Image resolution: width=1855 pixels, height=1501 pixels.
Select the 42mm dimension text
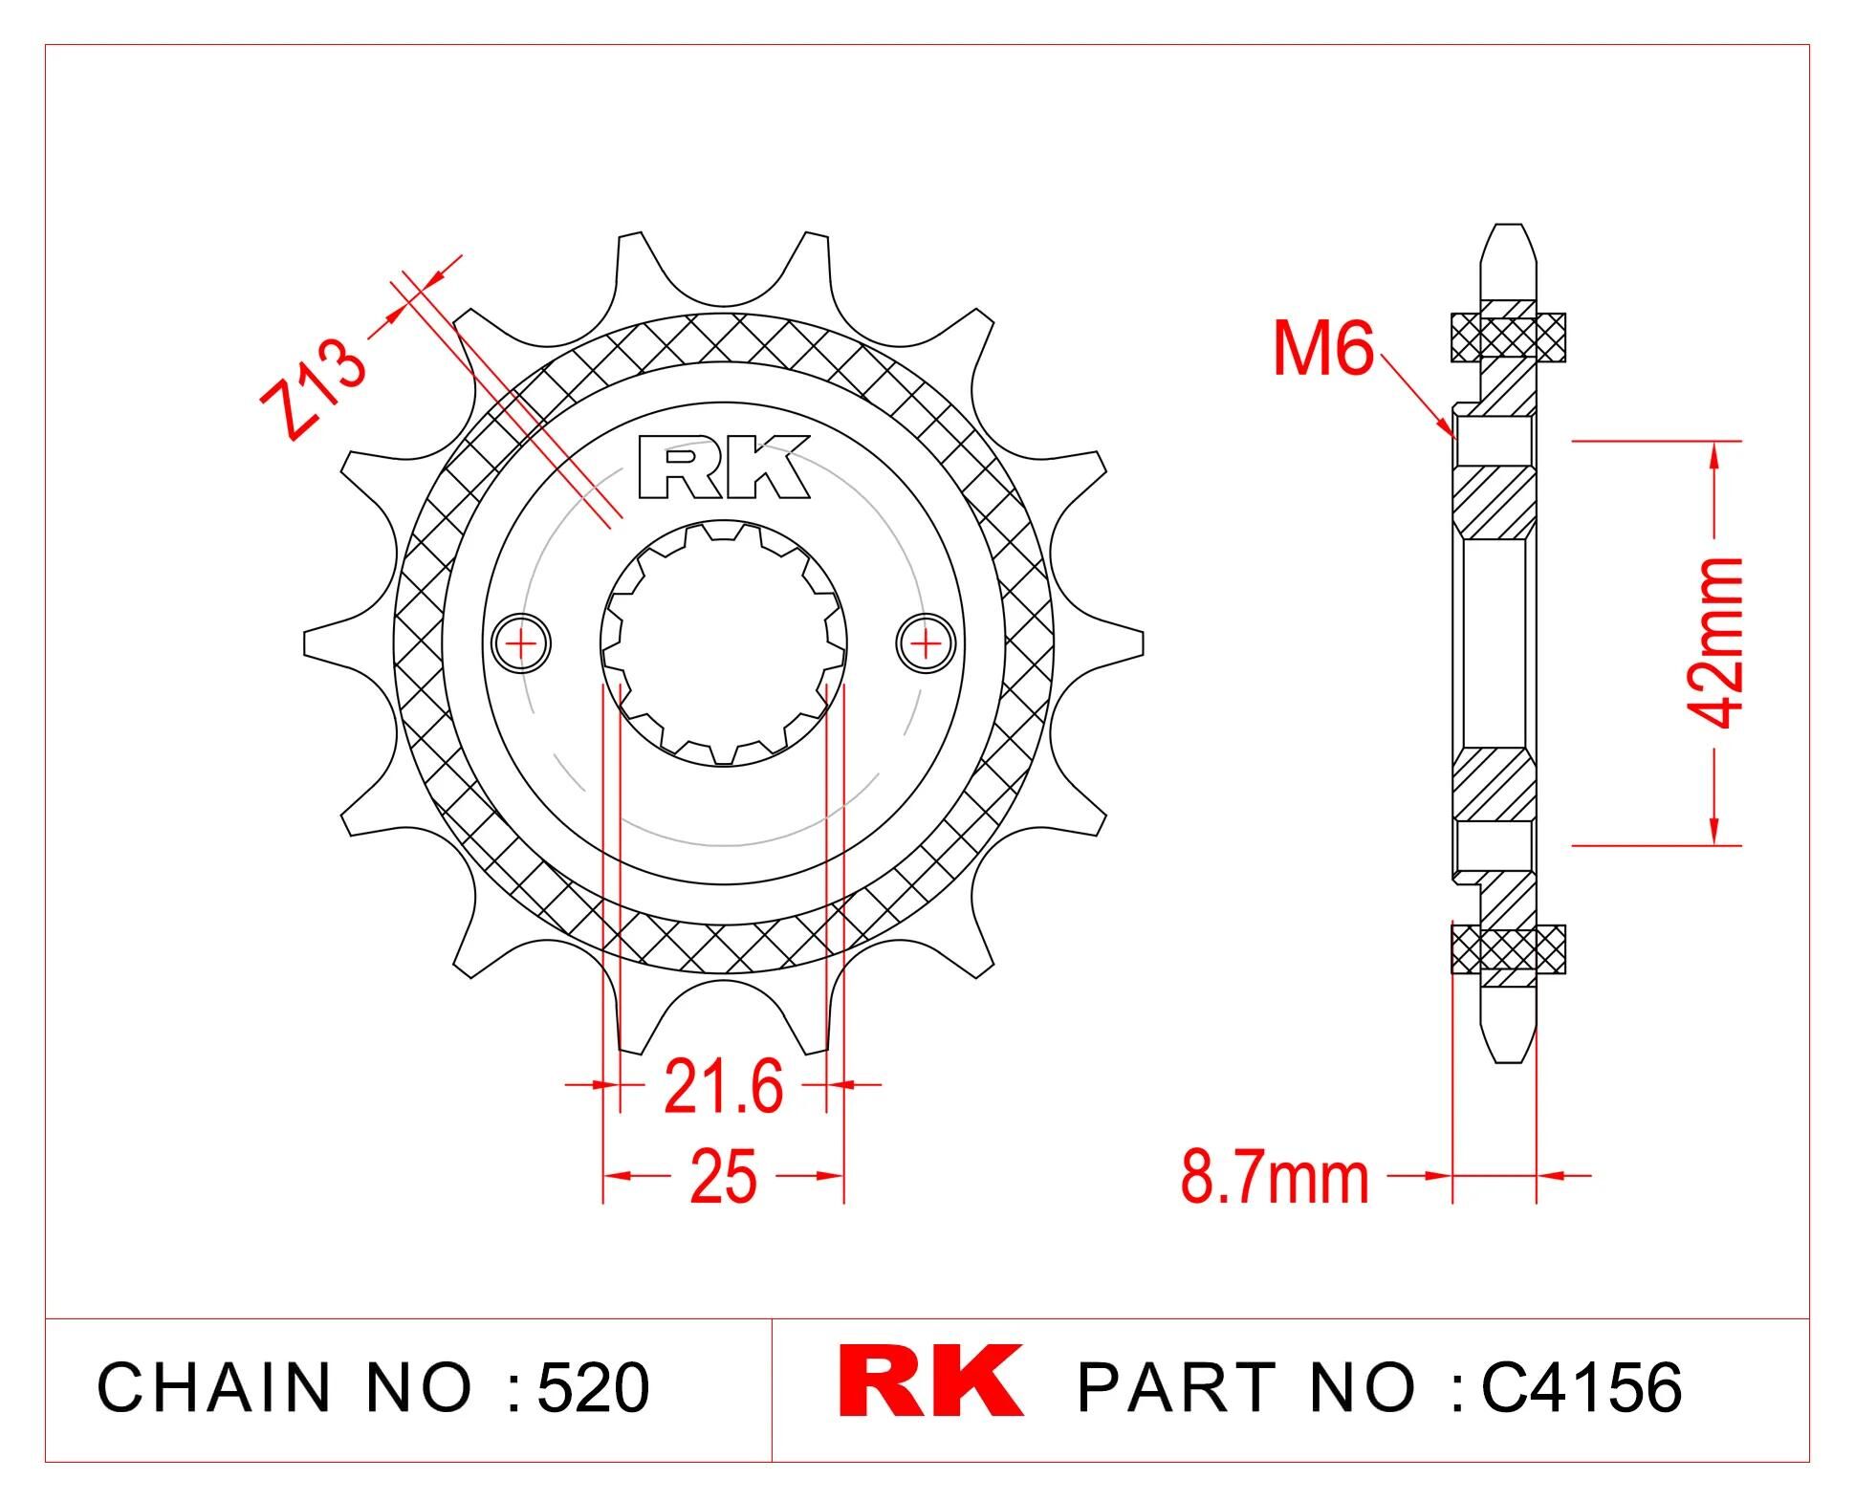point(1716,642)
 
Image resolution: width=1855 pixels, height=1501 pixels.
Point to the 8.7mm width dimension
point(1275,1178)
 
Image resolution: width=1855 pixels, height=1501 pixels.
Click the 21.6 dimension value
point(723,1086)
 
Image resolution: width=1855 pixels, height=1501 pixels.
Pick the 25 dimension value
point(723,1176)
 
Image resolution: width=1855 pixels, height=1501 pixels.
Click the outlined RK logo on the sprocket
point(724,468)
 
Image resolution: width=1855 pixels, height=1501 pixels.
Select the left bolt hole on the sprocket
point(521,642)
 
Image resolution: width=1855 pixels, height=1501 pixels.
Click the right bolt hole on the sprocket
point(926,642)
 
